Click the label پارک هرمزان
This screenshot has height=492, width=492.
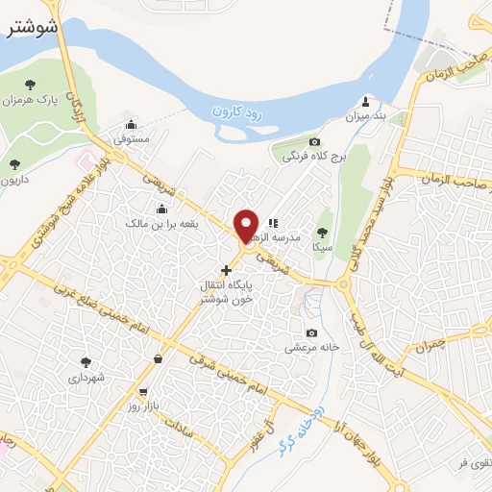click(30, 100)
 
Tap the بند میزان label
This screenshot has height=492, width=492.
click(365, 116)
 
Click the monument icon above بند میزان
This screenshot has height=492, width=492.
click(365, 101)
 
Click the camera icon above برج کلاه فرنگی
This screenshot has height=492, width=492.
click(313, 141)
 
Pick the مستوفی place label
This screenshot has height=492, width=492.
click(133, 139)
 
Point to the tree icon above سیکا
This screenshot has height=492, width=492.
click(321, 232)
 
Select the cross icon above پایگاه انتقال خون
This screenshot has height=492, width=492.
click(226, 270)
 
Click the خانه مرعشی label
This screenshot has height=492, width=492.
click(310, 348)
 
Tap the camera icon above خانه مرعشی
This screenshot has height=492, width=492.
click(310, 332)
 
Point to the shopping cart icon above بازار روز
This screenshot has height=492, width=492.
click(143, 392)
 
